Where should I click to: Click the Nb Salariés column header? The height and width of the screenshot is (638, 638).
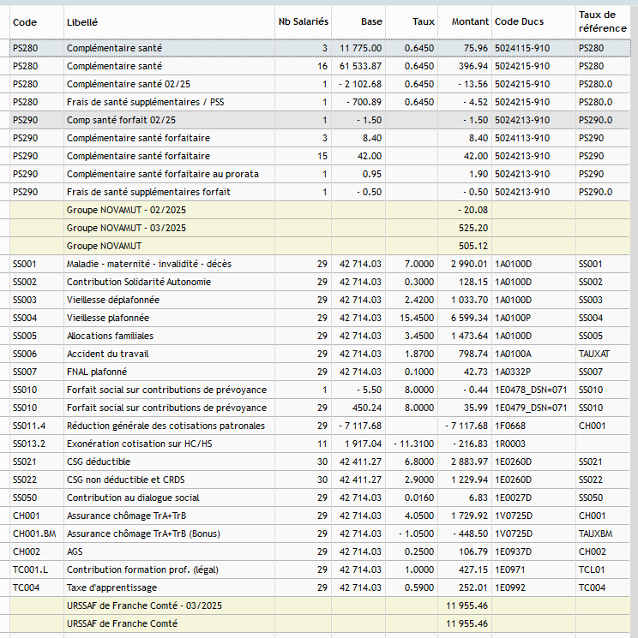[x=303, y=21]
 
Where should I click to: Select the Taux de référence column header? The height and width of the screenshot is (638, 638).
[x=603, y=21]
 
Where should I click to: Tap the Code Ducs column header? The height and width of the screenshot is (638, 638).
[x=519, y=21]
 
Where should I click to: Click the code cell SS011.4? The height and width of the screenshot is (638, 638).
[x=29, y=426]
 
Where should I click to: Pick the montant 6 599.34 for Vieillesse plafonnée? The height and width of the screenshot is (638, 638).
[x=469, y=318]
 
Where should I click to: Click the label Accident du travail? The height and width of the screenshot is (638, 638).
[x=107, y=354]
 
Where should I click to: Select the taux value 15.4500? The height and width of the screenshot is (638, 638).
[x=417, y=318]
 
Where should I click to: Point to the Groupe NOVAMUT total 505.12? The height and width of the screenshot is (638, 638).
[x=473, y=246]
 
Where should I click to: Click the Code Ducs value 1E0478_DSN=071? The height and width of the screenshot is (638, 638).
[x=531, y=390]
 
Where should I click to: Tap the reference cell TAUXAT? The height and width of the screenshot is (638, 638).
[x=594, y=354]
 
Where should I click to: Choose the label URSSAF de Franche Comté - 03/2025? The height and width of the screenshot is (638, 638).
[x=144, y=605]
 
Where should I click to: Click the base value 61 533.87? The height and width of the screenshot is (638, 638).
[x=360, y=66]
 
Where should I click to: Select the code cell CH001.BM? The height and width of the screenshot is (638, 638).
[x=34, y=534]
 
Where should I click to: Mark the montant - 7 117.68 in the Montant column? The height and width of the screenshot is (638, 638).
[x=466, y=426]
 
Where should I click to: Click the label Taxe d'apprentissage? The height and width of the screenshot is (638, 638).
[x=111, y=587]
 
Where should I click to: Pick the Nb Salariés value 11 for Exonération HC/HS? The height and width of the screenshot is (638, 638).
[x=322, y=444]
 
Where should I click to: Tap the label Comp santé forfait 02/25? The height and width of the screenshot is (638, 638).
[x=121, y=120]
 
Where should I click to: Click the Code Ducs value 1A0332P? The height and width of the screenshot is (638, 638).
[x=513, y=372]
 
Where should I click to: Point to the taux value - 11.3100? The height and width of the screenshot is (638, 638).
[x=414, y=444]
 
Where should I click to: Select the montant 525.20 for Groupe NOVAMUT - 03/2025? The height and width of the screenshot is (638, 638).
[x=473, y=228]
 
